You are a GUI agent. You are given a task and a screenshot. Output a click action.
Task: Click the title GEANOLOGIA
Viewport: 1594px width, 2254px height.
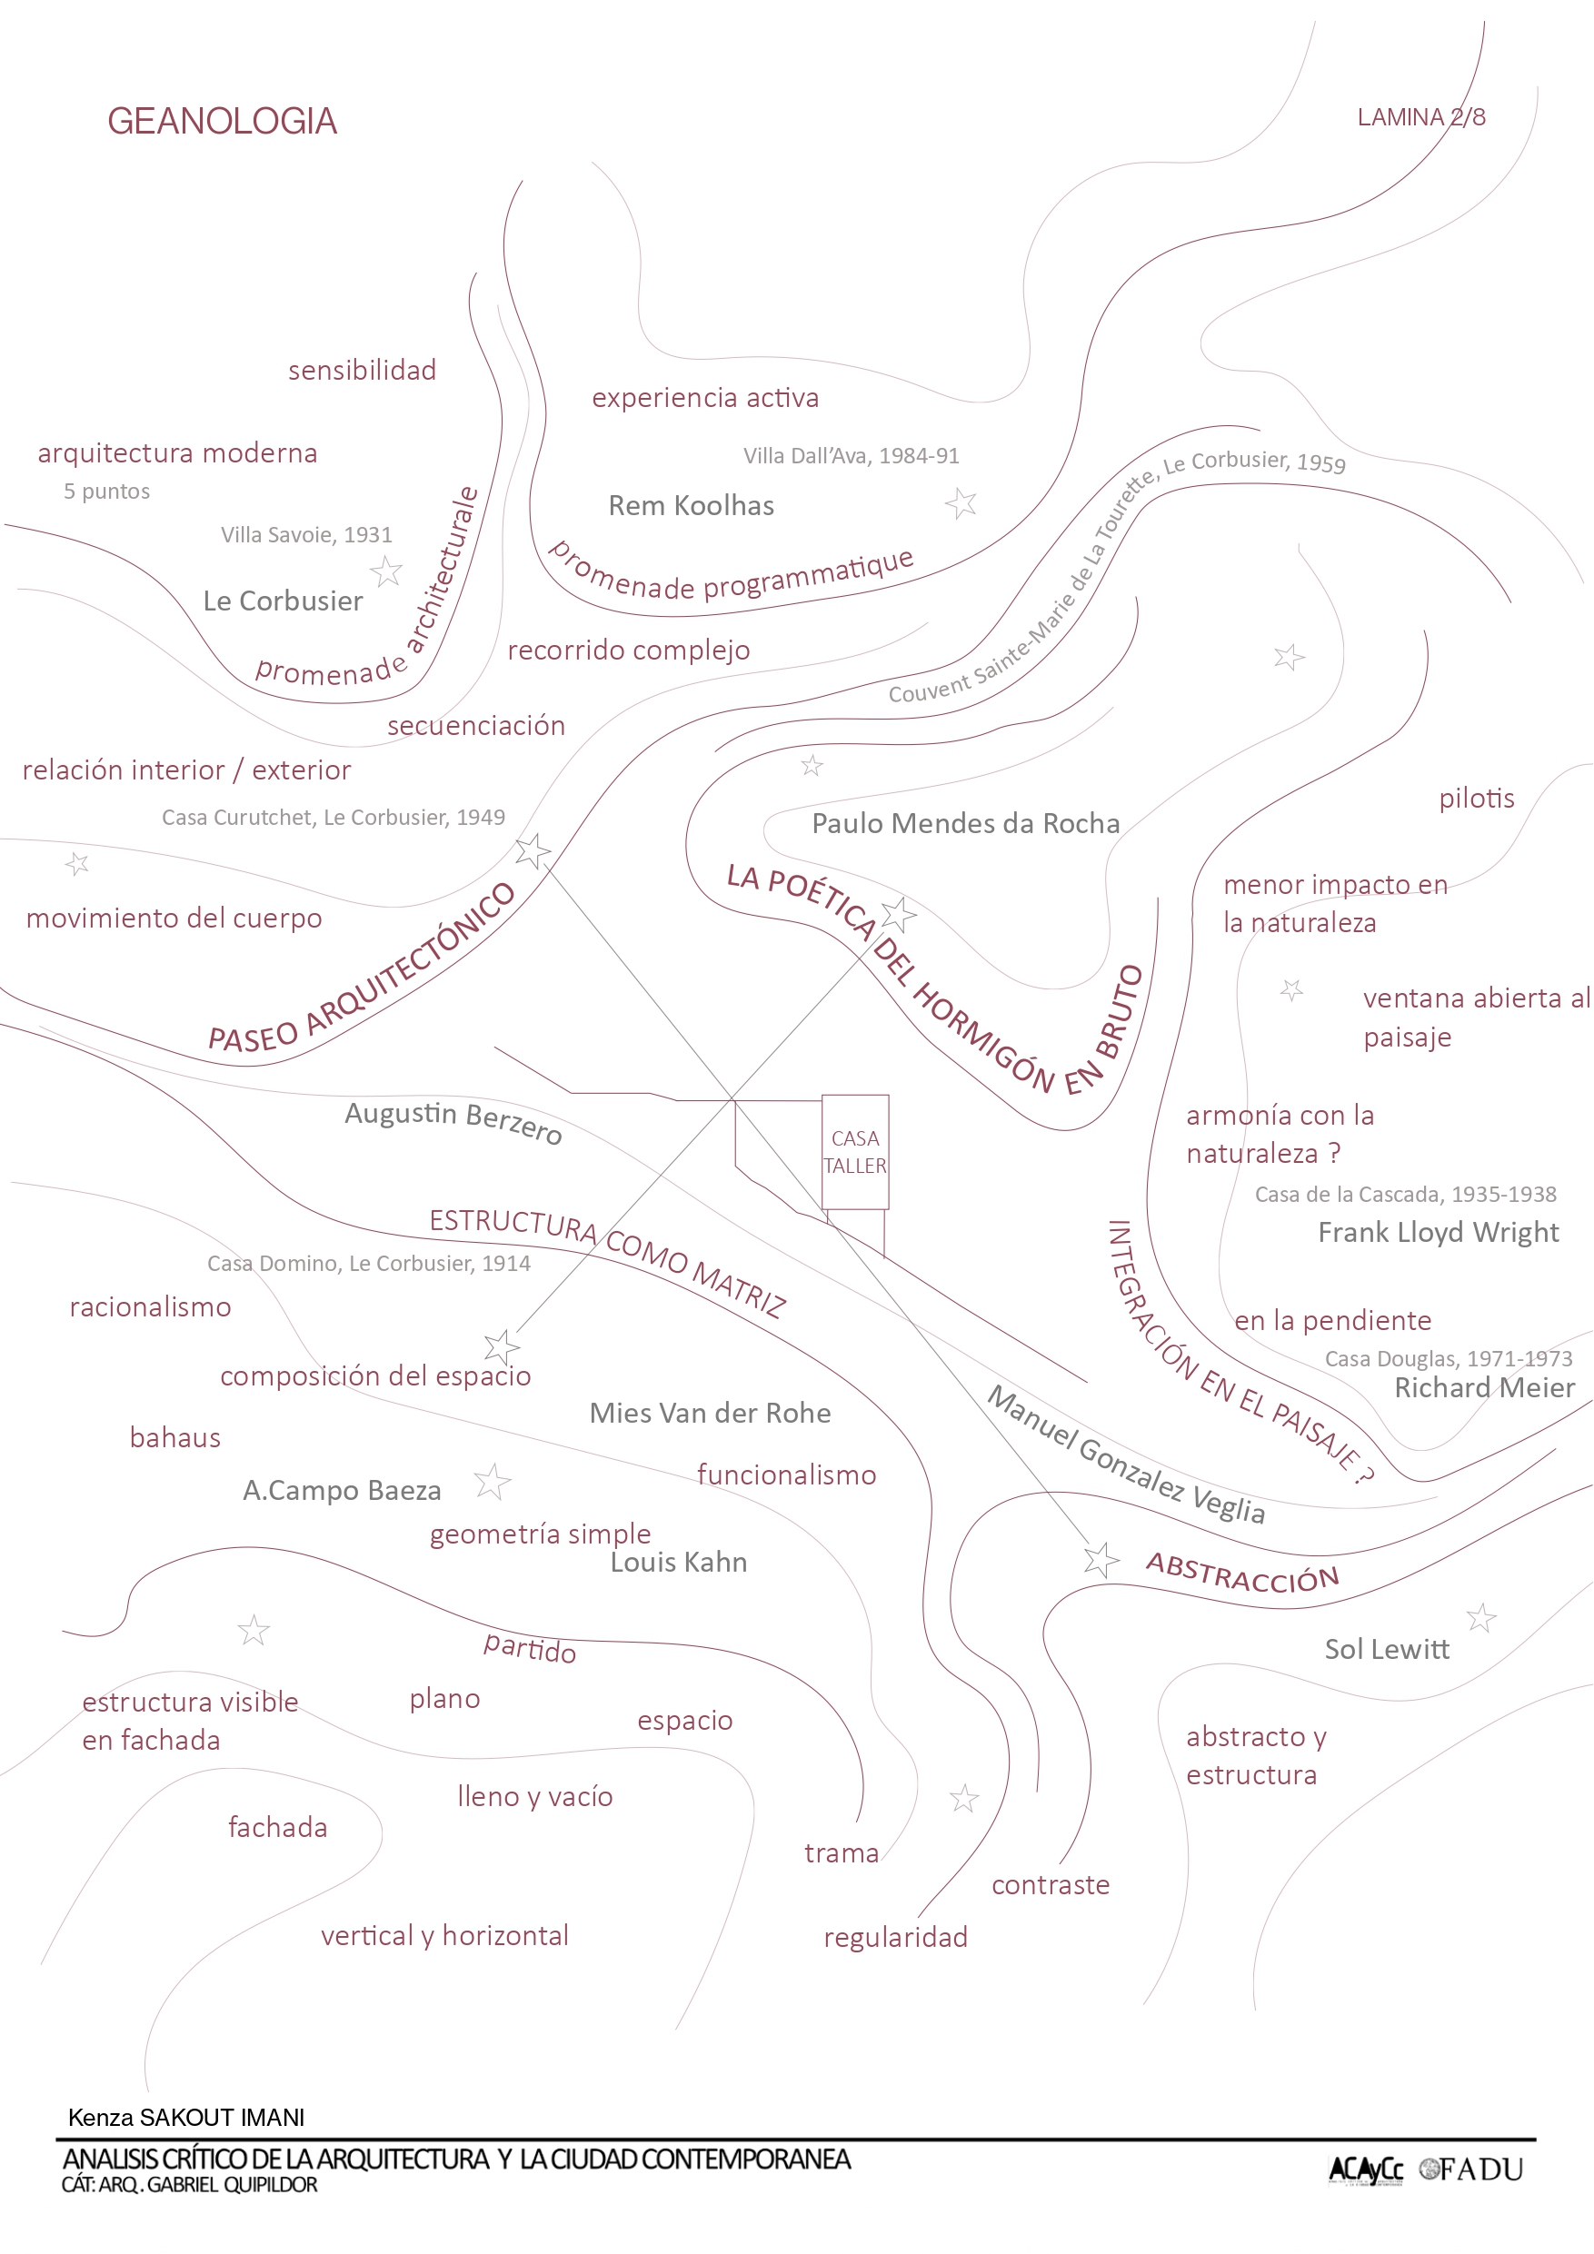pyautogui.click(x=222, y=121)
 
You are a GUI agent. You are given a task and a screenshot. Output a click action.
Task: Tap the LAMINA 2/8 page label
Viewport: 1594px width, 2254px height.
pyautogui.click(x=1420, y=117)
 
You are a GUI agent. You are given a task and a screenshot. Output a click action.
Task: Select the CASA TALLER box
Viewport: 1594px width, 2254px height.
pyautogui.click(x=854, y=1152)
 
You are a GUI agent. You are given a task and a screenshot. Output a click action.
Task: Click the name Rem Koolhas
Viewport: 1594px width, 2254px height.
pyautogui.click(x=691, y=505)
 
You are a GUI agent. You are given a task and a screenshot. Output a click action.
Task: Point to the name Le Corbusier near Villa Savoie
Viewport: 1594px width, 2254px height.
pyautogui.click(x=283, y=601)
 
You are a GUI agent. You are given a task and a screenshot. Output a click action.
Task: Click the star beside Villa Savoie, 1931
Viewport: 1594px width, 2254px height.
pyautogui.click(x=386, y=571)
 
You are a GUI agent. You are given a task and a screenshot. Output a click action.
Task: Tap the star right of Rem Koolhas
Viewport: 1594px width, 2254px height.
pyautogui.click(x=961, y=503)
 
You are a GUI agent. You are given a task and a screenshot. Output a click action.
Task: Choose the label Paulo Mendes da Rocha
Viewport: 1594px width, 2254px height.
pyautogui.click(x=964, y=823)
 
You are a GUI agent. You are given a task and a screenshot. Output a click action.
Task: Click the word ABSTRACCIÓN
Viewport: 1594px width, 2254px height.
pyautogui.click(x=1242, y=1573)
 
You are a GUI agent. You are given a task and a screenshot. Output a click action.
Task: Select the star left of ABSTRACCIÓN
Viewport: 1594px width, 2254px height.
pyautogui.click(x=1101, y=1559)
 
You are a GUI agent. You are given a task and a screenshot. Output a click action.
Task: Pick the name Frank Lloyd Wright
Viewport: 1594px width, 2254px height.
pyautogui.click(x=1438, y=1232)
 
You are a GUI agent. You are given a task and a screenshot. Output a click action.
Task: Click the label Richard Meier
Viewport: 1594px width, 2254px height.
pyautogui.click(x=1483, y=1387)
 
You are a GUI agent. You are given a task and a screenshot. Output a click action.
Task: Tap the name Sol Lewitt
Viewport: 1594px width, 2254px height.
pyautogui.click(x=1386, y=1649)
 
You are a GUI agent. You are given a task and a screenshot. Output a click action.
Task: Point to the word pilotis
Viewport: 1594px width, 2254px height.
pyautogui.click(x=1476, y=799)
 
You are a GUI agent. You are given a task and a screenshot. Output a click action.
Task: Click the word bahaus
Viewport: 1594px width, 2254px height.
pyautogui.click(x=174, y=1437)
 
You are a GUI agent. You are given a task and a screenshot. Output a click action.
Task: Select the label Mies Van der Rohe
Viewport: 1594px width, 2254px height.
pyautogui.click(x=709, y=1413)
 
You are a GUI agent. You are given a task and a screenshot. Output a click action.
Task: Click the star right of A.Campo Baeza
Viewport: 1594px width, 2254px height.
pyautogui.click(x=492, y=1482)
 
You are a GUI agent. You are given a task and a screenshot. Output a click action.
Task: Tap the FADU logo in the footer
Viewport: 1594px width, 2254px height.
pyautogui.click(x=1471, y=2169)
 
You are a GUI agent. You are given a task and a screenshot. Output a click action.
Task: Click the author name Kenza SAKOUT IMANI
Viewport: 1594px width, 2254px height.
pyautogui.click(x=185, y=2118)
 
